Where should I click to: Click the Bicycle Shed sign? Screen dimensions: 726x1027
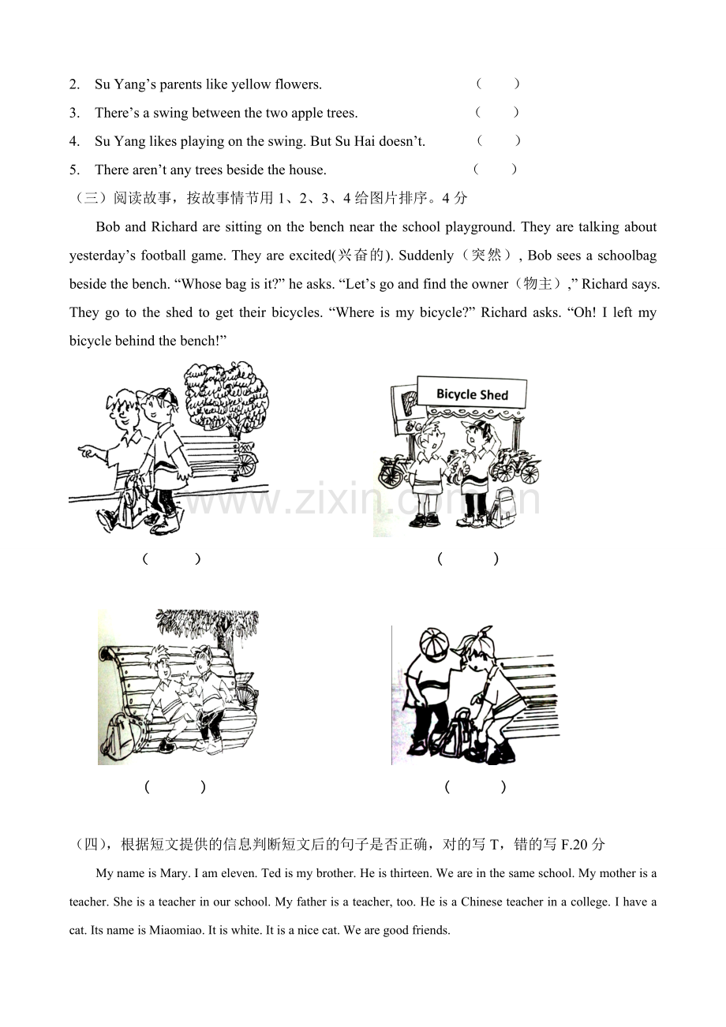click(472, 393)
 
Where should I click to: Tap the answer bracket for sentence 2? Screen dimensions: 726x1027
click(498, 84)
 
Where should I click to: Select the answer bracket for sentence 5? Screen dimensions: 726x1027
click(496, 169)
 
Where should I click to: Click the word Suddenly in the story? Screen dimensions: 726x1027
click(426, 256)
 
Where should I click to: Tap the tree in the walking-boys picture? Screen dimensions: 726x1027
click(226, 397)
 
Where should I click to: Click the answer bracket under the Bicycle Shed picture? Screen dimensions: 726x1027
click(468, 558)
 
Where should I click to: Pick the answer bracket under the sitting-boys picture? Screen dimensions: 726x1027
click(175, 787)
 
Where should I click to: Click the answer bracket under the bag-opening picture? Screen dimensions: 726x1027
click(476, 787)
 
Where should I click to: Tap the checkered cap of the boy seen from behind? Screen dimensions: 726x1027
click(433, 642)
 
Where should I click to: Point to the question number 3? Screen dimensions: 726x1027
click(74, 113)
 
